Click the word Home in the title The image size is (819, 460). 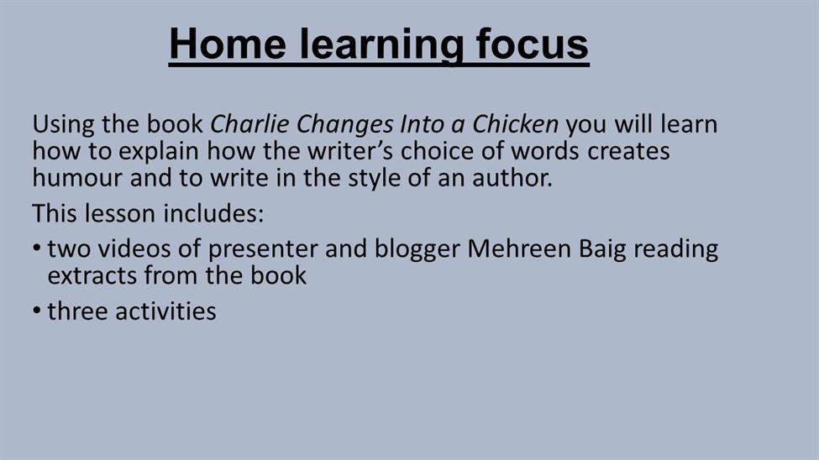click(228, 44)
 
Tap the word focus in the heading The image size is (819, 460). click(533, 44)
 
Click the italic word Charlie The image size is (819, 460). click(249, 124)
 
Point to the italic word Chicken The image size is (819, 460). click(516, 124)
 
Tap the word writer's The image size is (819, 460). click(349, 151)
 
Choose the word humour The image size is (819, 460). click(77, 177)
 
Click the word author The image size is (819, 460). click(512, 177)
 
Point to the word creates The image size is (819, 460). click(628, 152)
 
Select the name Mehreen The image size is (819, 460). click(518, 248)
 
